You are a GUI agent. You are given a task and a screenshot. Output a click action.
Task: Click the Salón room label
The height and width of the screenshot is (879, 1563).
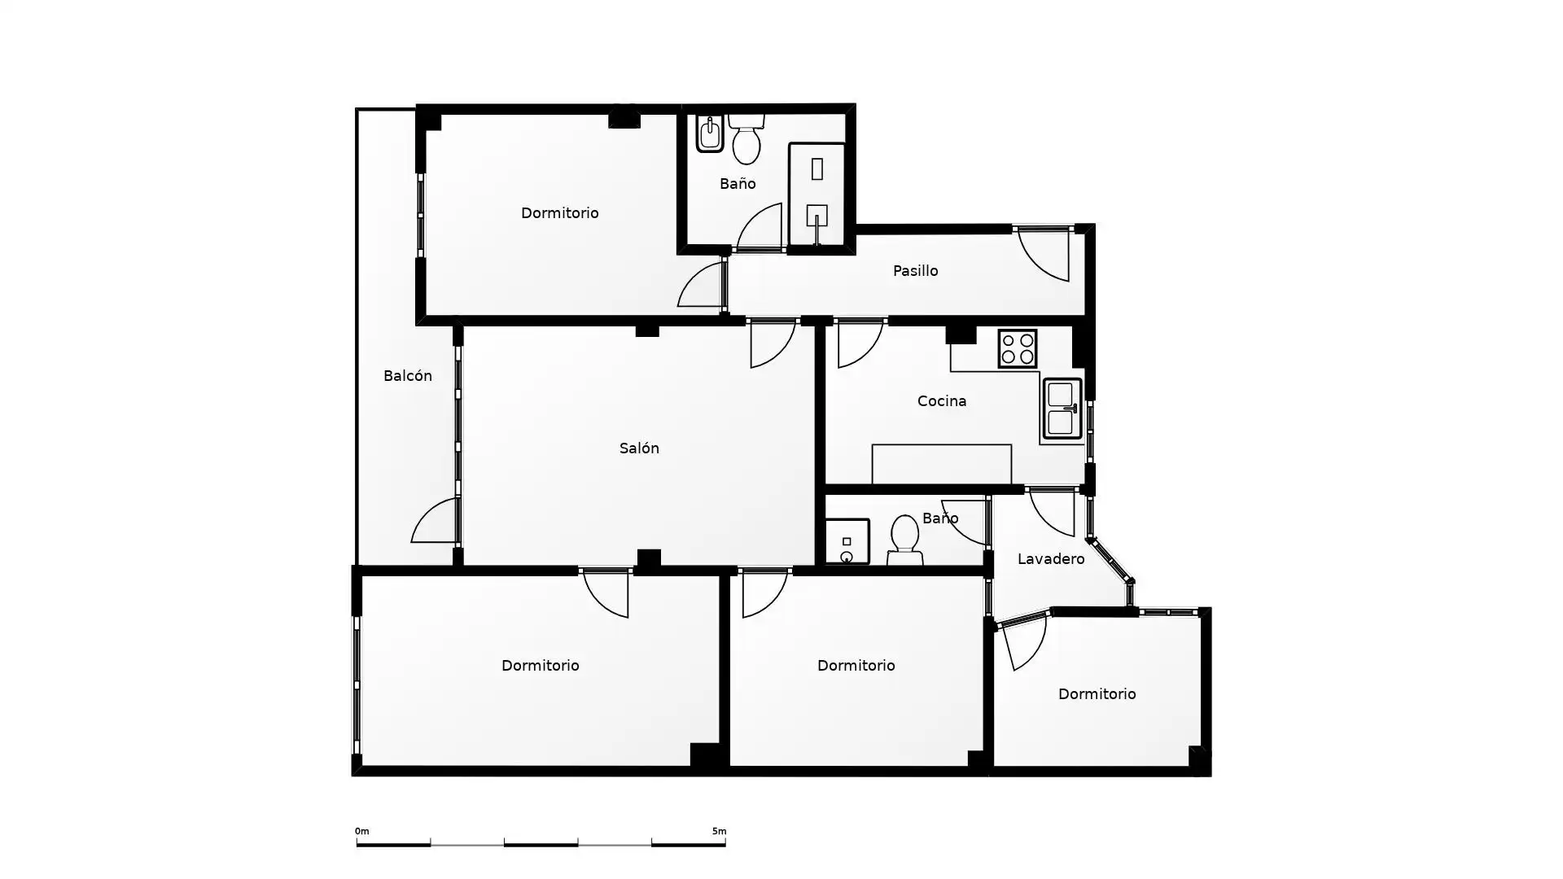click(x=639, y=448)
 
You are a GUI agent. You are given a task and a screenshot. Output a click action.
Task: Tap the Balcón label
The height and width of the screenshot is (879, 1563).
click(x=407, y=376)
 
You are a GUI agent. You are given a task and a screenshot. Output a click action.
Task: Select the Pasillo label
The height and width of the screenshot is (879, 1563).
click(x=915, y=271)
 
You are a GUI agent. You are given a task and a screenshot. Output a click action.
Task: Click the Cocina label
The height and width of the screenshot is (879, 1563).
click(x=942, y=401)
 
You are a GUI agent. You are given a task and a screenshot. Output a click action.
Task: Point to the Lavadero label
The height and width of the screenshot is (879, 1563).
click(x=1051, y=559)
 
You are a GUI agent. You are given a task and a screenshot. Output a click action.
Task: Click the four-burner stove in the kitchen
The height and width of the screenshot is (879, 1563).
click(x=1017, y=349)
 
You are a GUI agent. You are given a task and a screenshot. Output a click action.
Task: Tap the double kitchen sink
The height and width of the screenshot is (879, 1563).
click(x=1062, y=409)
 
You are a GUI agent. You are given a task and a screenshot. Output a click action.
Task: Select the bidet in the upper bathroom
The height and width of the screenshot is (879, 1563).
click(x=710, y=134)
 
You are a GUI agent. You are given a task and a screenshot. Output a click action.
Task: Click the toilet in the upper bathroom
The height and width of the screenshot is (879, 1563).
click(x=746, y=139)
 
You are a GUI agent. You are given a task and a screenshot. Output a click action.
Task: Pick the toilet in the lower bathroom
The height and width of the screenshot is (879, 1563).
click(x=904, y=540)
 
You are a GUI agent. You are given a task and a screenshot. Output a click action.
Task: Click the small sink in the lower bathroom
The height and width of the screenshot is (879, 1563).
click(x=847, y=541)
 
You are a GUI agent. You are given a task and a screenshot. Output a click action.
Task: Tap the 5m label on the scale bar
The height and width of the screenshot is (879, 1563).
click(x=719, y=832)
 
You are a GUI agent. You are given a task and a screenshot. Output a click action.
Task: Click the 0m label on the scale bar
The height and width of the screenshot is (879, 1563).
click(x=362, y=832)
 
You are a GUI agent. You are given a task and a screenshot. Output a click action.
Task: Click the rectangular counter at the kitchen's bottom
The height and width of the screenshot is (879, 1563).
click(x=942, y=464)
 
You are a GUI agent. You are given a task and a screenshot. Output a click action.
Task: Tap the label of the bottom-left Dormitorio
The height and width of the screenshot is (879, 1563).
click(x=541, y=666)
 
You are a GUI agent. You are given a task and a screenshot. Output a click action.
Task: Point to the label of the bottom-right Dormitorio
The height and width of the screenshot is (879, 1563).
click(x=1097, y=694)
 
